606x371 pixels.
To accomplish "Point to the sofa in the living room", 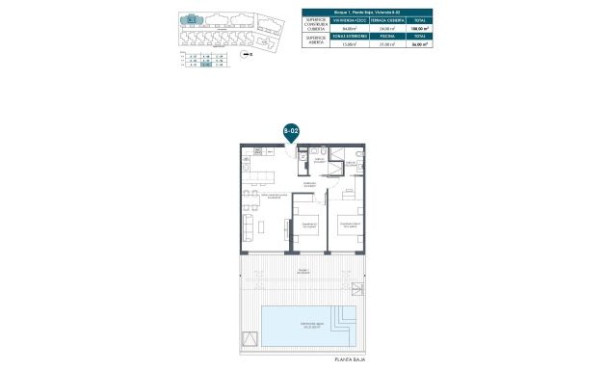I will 248,227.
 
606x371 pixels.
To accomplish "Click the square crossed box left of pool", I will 250,337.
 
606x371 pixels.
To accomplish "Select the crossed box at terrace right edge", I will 359,287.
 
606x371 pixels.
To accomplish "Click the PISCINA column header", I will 387,38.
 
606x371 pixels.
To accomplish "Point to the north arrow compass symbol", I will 249,56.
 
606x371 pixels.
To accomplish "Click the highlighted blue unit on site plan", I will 193,16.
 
